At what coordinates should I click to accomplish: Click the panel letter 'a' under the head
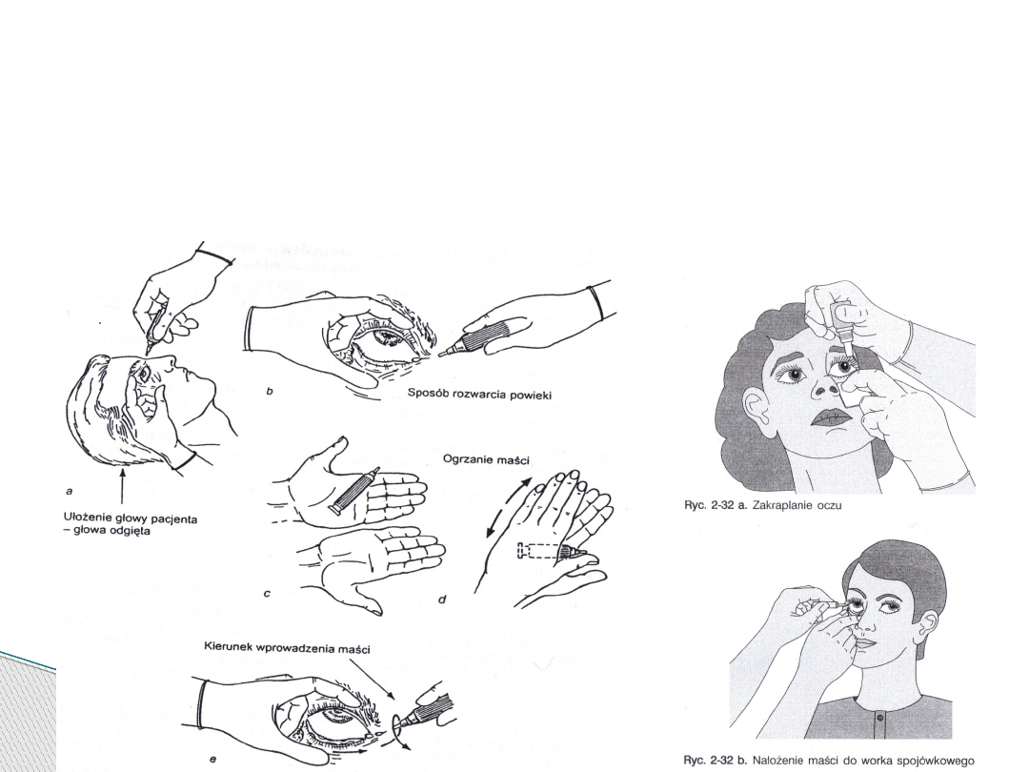pyautogui.click(x=69, y=491)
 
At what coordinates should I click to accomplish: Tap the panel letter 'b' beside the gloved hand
pyautogui.click(x=269, y=392)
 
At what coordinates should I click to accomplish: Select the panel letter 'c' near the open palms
pyautogui.click(x=267, y=594)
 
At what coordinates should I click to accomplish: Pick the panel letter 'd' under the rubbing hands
pyautogui.click(x=442, y=599)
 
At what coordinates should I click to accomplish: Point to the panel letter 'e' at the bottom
pyautogui.click(x=212, y=760)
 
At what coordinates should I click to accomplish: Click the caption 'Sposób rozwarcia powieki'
pyautogui.click(x=479, y=394)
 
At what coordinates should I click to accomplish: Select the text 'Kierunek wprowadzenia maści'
pyautogui.click(x=287, y=649)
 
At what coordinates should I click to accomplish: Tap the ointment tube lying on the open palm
pyautogui.click(x=353, y=491)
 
